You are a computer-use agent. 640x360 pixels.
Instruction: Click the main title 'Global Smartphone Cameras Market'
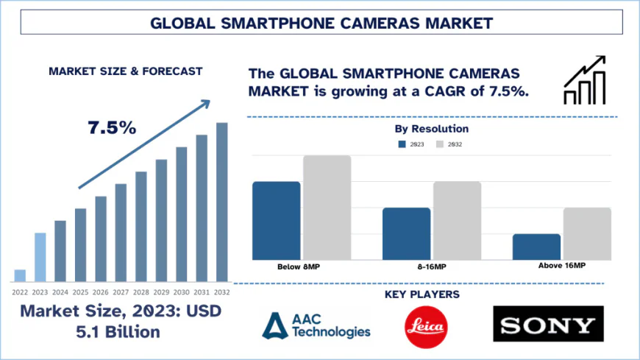click(x=320, y=22)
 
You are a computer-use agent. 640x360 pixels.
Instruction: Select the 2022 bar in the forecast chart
click(x=20, y=275)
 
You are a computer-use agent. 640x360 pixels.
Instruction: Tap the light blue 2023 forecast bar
click(x=40, y=257)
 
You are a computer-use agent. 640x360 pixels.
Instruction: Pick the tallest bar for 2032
click(x=221, y=202)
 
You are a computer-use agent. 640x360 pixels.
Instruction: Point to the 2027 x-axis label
click(x=121, y=292)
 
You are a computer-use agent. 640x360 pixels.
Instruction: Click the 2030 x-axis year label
click(x=181, y=292)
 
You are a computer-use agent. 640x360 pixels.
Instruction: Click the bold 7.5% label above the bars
click(x=112, y=127)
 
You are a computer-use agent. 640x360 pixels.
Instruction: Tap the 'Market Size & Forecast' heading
click(x=125, y=71)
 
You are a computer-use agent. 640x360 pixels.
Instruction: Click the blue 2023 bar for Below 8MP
click(x=276, y=220)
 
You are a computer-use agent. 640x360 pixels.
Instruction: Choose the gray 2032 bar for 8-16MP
click(x=457, y=220)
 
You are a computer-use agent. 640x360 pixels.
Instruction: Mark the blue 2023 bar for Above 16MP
click(x=536, y=247)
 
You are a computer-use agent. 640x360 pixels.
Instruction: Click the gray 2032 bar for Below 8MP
click(x=327, y=207)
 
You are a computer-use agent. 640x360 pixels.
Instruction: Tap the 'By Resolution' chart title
click(x=431, y=129)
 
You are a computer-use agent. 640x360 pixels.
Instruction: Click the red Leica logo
click(x=427, y=324)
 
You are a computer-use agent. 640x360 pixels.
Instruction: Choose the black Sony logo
click(x=548, y=324)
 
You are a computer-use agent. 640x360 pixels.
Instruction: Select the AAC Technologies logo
click(x=317, y=325)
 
